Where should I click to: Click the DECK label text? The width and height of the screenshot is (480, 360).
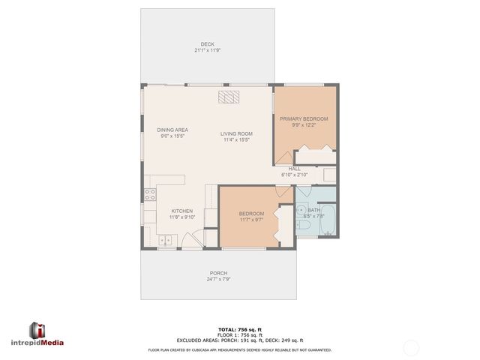point(208,44)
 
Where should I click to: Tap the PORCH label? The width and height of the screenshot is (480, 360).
point(218,273)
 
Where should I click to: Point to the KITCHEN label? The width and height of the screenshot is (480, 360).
point(183,211)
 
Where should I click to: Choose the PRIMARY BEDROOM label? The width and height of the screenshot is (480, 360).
point(304,118)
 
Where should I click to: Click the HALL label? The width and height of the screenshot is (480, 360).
point(294,169)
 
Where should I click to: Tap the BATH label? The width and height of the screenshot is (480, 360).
point(313,210)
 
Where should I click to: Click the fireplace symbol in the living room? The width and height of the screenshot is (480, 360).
point(228,96)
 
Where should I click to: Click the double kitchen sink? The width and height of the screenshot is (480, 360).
point(166,240)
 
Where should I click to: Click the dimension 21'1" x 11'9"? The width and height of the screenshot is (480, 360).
point(208,50)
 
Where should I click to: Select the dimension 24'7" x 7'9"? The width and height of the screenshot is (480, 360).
point(218,279)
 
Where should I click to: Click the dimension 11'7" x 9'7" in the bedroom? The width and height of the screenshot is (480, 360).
point(251,220)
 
